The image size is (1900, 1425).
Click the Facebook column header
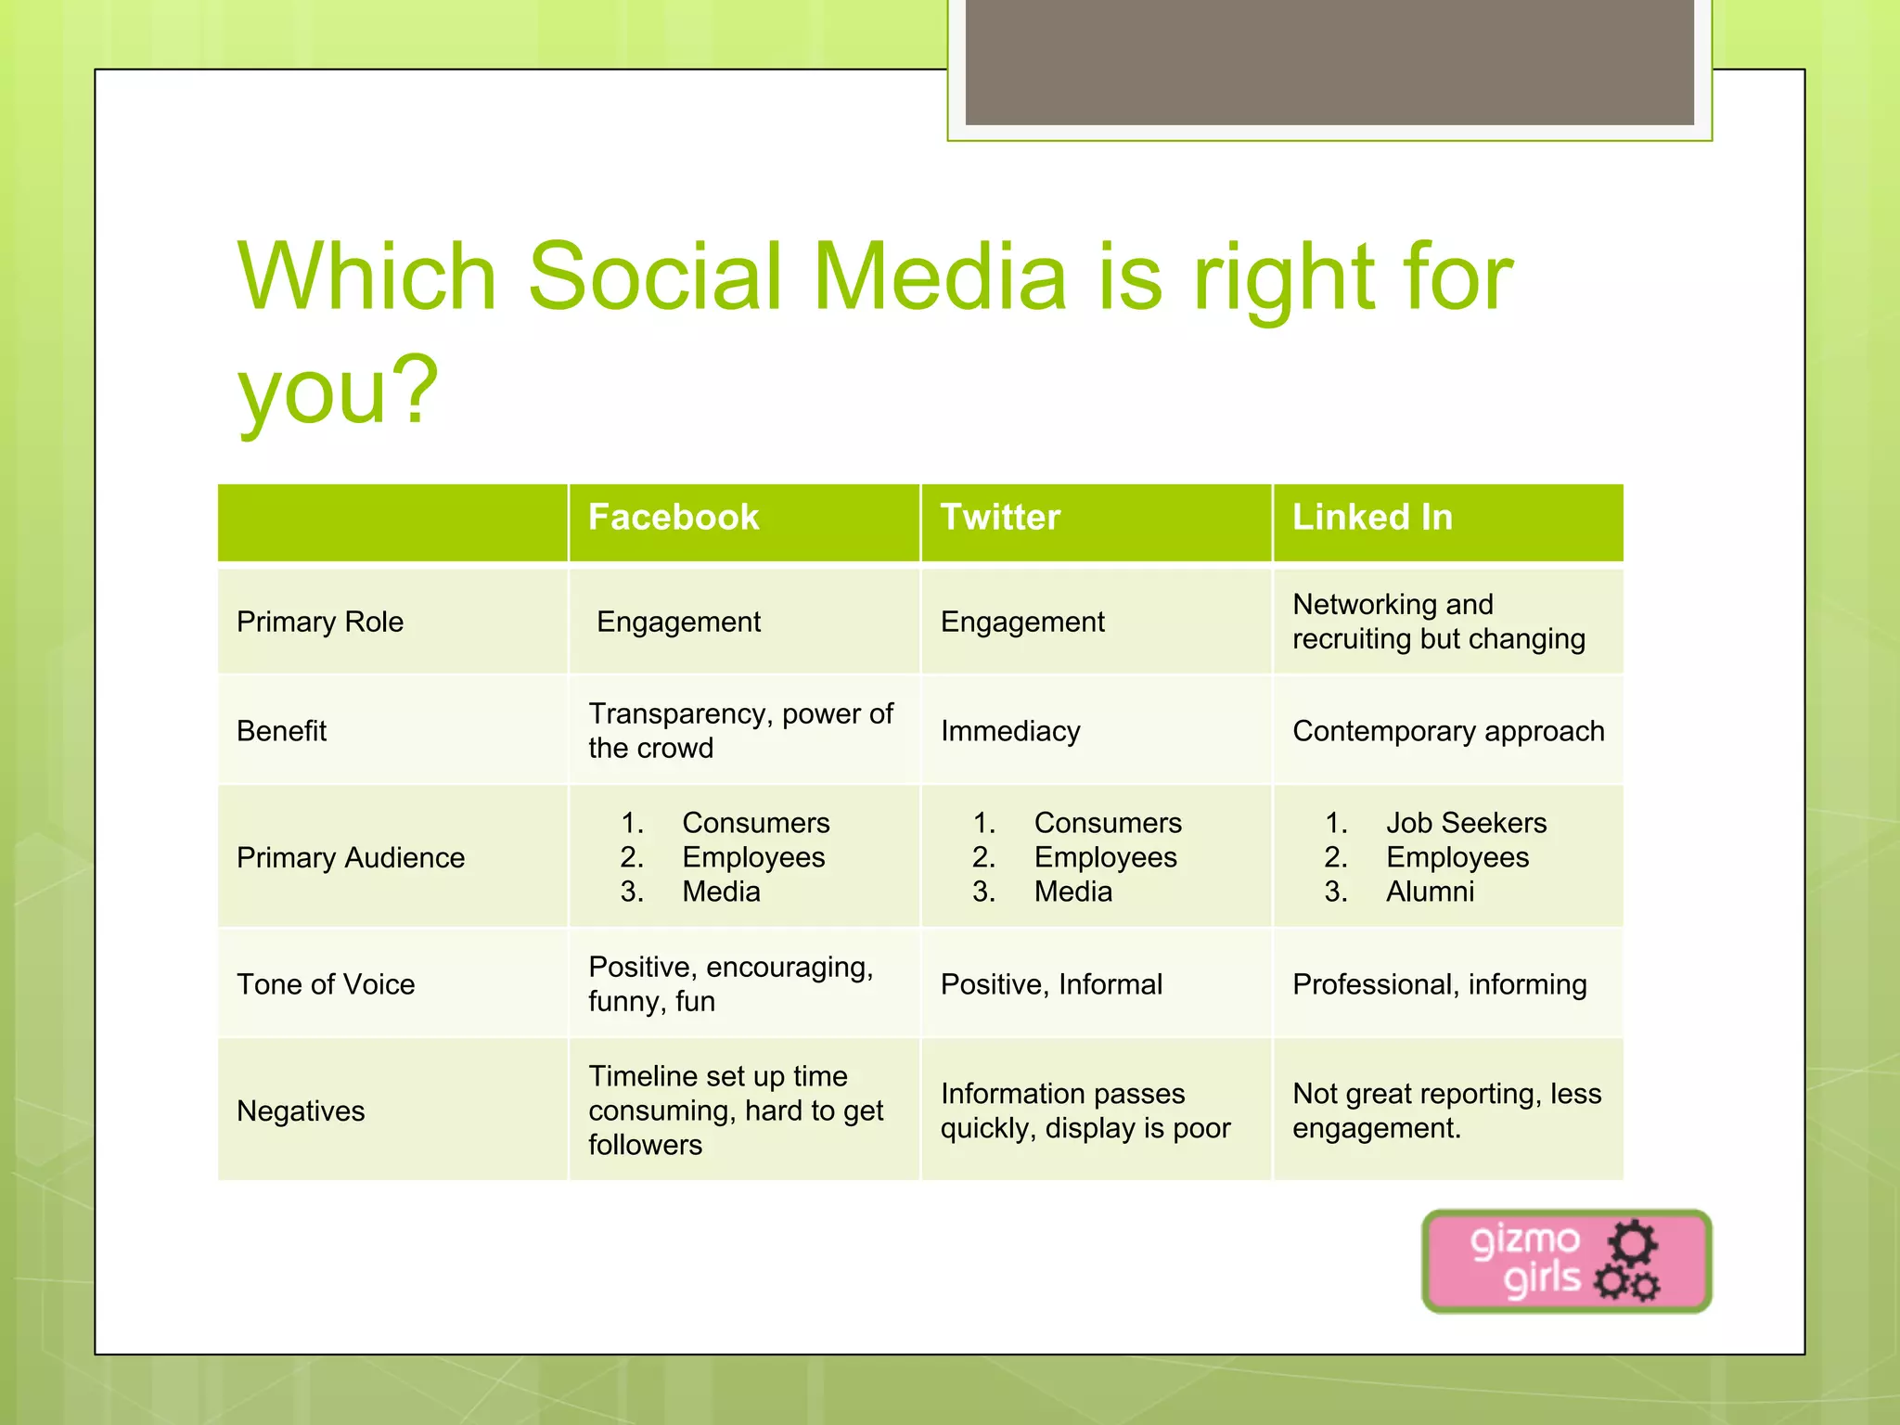(674, 518)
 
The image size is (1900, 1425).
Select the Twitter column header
(1000, 518)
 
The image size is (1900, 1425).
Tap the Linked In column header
(1372, 518)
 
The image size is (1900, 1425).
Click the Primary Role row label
(320, 622)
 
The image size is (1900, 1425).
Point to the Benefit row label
(282, 731)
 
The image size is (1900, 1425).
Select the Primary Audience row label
(351, 857)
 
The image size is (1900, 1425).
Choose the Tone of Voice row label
(326, 984)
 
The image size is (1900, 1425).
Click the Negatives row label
(301, 1110)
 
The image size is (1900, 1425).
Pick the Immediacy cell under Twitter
(1010, 731)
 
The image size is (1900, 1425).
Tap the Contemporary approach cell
(1448, 731)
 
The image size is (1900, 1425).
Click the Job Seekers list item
(1466, 823)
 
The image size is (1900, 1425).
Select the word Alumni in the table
(1430, 892)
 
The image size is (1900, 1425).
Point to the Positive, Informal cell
(1051, 984)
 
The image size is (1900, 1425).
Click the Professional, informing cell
(1440, 984)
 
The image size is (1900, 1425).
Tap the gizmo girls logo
(1566, 1261)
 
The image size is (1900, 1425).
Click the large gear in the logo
(1632, 1243)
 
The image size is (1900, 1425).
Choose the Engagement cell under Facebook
(678, 622)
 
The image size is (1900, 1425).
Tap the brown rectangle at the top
(1329, 61)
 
